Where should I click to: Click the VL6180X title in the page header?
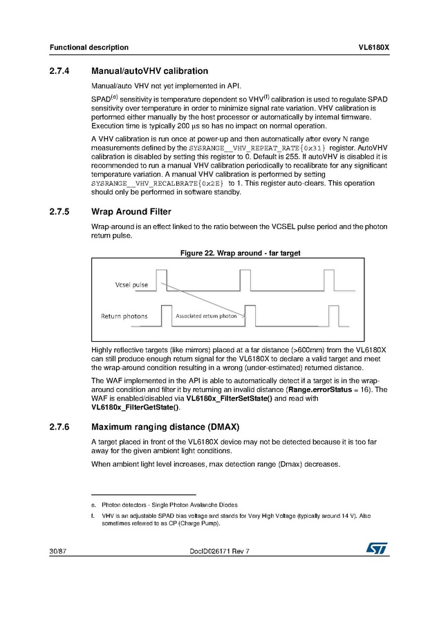click(x=374, y=48)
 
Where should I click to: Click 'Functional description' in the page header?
click(x=88, y=48)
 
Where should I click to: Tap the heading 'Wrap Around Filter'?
click(x=131, y=211)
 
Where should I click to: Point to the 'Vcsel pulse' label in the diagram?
click(x=131, y=285)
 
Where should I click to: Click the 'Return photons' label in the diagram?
click(x=124, y=316)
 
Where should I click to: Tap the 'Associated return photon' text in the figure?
click(x=206, y=316)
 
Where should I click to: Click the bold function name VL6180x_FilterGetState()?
click(x=140, y=407)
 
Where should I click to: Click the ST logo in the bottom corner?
click(x=377, y=548)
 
